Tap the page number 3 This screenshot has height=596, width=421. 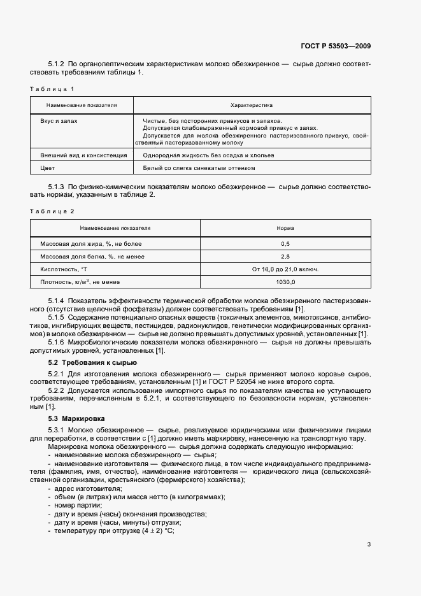click(x=369, y=544)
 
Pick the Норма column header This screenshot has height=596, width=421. click(x=285, y=227)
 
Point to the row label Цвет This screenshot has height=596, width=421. click(x=47, y=168)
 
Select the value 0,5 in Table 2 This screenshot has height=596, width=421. click(x=285, y=244)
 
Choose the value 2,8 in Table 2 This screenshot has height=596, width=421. click(x=285, y=257)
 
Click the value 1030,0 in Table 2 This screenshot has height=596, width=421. click(x=285, y=281)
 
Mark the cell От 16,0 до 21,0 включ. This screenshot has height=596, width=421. click(x=285, y=269)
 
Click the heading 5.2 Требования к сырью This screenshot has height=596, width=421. click(x=92, y=362)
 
